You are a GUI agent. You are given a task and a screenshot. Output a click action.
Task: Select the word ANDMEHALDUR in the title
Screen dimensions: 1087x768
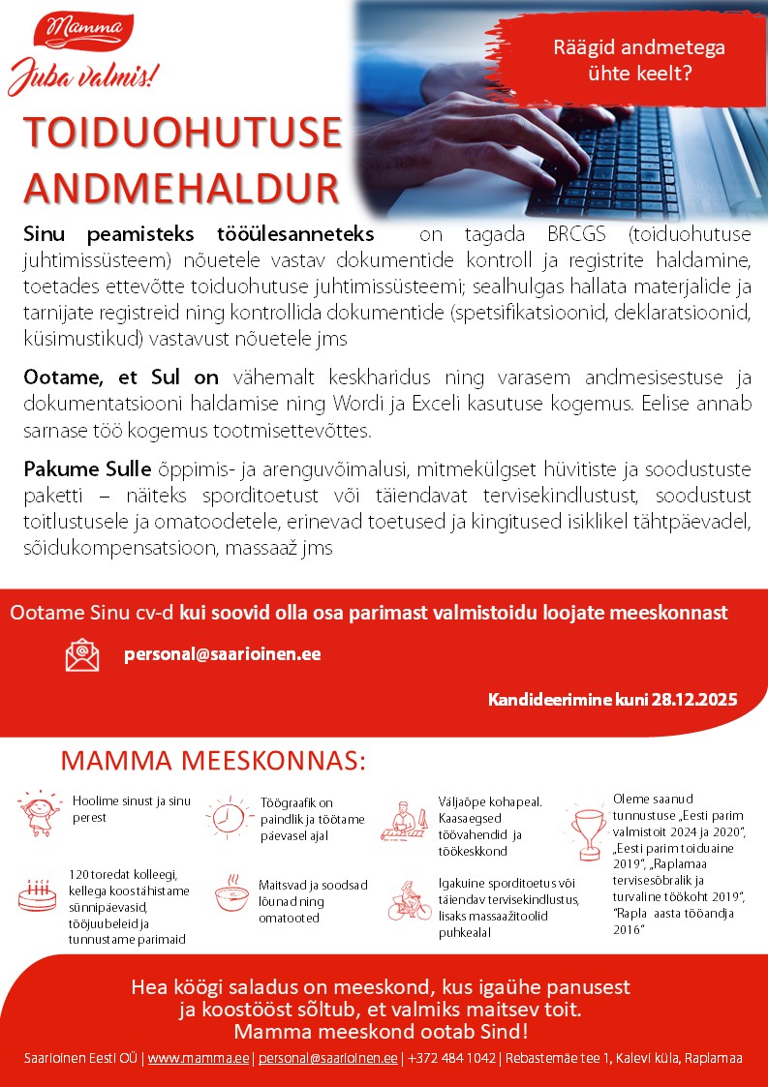click(x=181, y=188)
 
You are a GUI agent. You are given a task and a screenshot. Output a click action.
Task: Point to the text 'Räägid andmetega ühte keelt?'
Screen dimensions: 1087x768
click(x=638, y=59)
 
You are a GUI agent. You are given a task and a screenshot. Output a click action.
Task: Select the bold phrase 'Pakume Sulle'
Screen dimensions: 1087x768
click(x=87, y=470)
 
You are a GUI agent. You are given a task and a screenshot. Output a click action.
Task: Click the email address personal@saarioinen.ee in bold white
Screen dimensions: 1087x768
click(x=223, y=653)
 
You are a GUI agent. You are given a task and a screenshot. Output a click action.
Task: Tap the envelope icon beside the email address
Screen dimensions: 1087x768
click(x=82, y=654)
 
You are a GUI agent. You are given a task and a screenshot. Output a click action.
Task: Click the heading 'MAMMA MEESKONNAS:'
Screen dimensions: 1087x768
click(x=213, y=761)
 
